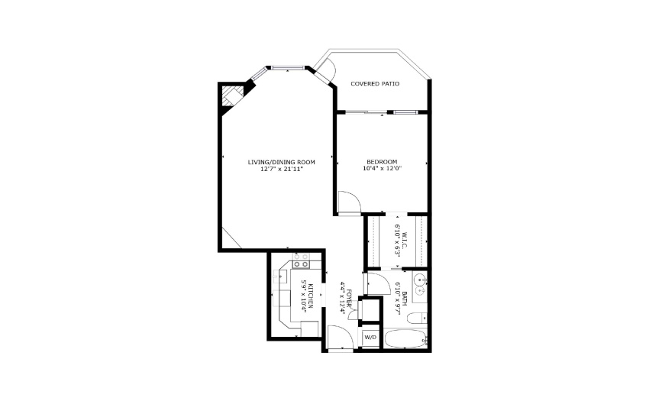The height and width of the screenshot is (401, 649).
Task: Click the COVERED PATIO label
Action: point(375,84)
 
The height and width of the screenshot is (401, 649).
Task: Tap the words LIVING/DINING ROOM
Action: point(282,162)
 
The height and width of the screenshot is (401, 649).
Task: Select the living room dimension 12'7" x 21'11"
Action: point(282,169)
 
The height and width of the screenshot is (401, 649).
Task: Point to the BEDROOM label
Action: point(382,162)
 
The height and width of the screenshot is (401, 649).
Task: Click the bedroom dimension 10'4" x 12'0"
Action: point(382,169)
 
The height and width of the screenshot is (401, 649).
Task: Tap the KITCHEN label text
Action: point(311,296)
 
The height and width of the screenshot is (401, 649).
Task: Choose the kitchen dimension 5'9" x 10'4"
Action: point(303,296)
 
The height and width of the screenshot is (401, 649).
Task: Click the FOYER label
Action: point(350,298)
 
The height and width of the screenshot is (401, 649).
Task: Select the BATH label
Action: point(405,298)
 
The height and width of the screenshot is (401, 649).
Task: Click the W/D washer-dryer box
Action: point(370,338)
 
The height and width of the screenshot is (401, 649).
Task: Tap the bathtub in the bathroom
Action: point(405,339)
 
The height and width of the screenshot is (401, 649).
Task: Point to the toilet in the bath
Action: point(416,319)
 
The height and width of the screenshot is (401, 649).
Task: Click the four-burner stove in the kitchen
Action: point(301,260)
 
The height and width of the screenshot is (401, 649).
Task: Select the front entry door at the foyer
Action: point(340,338)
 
